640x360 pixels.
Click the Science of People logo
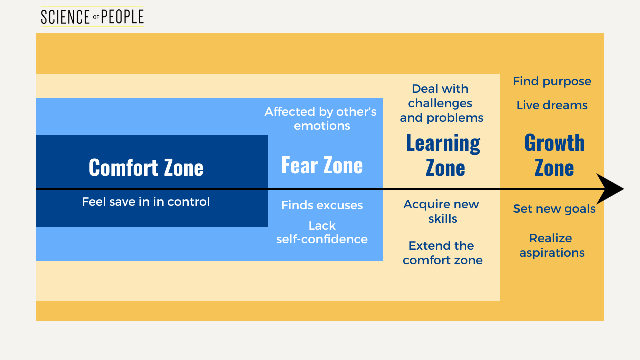pos(92,17)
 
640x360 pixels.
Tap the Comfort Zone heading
pos(146,168)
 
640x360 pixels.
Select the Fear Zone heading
pos(322,165)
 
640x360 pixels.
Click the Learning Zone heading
pos(443,155)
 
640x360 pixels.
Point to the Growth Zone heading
pos(554,155)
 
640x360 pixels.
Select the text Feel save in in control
pos(146,202)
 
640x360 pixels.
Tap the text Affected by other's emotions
pos(321,119)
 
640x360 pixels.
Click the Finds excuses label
pos(322,205)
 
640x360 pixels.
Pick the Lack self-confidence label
pos(322,233)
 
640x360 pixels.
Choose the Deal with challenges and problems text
pos(441,103)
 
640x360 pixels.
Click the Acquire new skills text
pos(442,211)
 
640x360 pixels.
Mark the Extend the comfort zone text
pos(443,253)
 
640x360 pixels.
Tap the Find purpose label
pos(552,81)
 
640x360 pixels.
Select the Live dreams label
pos(552,105)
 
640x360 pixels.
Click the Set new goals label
pos(554,209)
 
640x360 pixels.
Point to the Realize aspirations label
pos(552,245)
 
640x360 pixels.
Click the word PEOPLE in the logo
pos(122,17)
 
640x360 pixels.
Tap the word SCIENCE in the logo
pos(65,17)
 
